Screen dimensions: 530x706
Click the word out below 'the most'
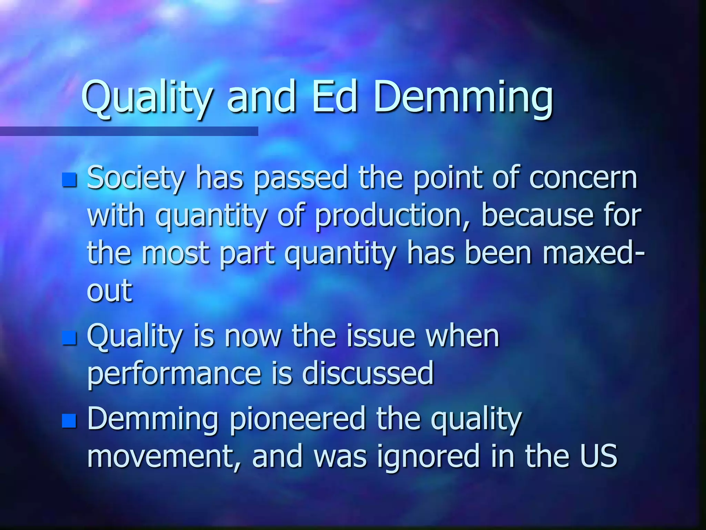click(109, 290)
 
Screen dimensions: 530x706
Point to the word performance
click(174, 374)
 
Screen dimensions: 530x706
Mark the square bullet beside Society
click(69, 179)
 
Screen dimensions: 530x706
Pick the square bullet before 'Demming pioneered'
click(69, 420)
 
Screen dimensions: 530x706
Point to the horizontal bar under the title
click(129, 131)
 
